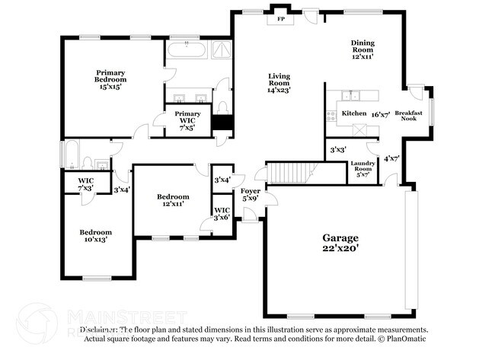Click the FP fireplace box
280,18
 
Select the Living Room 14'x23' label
279,82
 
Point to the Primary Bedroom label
110,76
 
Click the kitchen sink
353,95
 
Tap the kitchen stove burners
331,116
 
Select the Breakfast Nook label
409,115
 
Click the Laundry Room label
362,169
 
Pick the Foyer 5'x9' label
250,194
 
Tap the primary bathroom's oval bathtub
187,52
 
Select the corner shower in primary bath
220,51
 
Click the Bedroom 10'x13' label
97,236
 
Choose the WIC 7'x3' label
86,184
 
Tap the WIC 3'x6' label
222,213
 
